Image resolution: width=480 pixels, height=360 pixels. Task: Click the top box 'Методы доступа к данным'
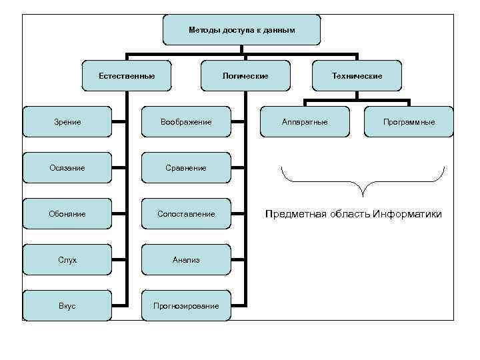coord(241,30)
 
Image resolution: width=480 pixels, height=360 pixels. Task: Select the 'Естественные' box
coord(126,76)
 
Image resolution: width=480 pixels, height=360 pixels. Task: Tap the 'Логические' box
coord(245,76)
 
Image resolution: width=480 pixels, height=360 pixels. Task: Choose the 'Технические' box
coord(357,76)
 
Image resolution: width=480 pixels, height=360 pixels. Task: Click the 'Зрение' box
coord(67,122)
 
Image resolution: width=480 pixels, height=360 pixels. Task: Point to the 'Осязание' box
coord(67,168)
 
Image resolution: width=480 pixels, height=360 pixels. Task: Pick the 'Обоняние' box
coord(67,214)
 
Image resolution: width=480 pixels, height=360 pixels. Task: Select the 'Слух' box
coord(67,260)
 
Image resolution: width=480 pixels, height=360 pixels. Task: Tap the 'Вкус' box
coord(67,306)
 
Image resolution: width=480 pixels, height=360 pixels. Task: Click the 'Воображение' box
coord(186,122)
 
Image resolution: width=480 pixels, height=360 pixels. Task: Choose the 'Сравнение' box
coord(186,168)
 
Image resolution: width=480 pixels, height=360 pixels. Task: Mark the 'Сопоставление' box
coord(186,214)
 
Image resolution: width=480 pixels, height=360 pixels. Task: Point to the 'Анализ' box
coord(186,260)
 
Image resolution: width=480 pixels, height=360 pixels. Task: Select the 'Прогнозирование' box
coord(186,306)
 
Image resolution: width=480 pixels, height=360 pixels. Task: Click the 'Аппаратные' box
coord(305,122)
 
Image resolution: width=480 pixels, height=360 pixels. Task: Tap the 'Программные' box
coord(409,122)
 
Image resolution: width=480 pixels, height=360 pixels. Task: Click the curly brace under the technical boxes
coord(363,183)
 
